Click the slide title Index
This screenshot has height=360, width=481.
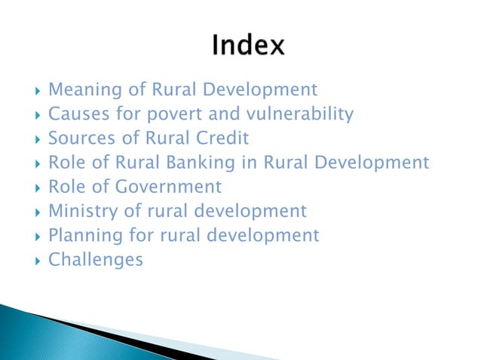[x=248, y=47]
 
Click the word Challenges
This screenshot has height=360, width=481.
[x=95, y=260]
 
